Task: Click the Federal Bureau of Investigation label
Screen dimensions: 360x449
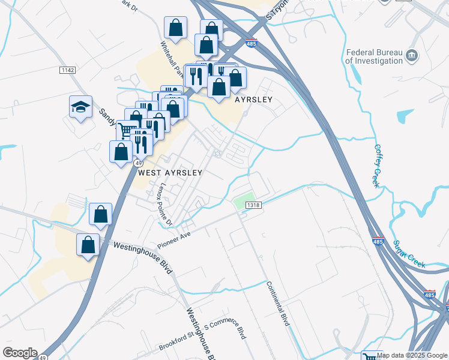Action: [373, 56]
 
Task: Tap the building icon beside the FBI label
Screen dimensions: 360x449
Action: [412, 56]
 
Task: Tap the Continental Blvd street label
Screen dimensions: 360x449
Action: [277, 304]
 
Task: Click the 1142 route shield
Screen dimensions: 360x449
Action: [68, 70]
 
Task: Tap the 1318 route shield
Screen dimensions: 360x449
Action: [253, 205]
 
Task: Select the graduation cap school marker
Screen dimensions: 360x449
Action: [80, 106]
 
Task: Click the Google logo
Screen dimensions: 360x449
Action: [19, 353]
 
